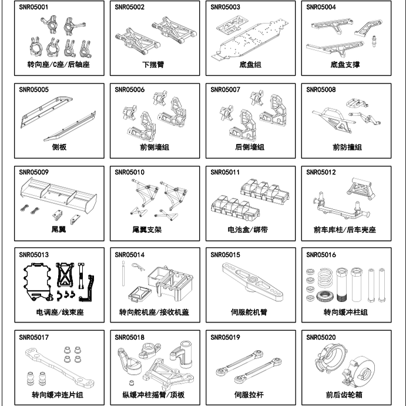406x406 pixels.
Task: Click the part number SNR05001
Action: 33,8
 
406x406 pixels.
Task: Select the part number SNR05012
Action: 321,172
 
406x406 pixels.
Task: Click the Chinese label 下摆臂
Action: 153,65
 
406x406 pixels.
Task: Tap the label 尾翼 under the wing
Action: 58,230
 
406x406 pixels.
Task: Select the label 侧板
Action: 58,147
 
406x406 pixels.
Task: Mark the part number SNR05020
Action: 321,337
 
